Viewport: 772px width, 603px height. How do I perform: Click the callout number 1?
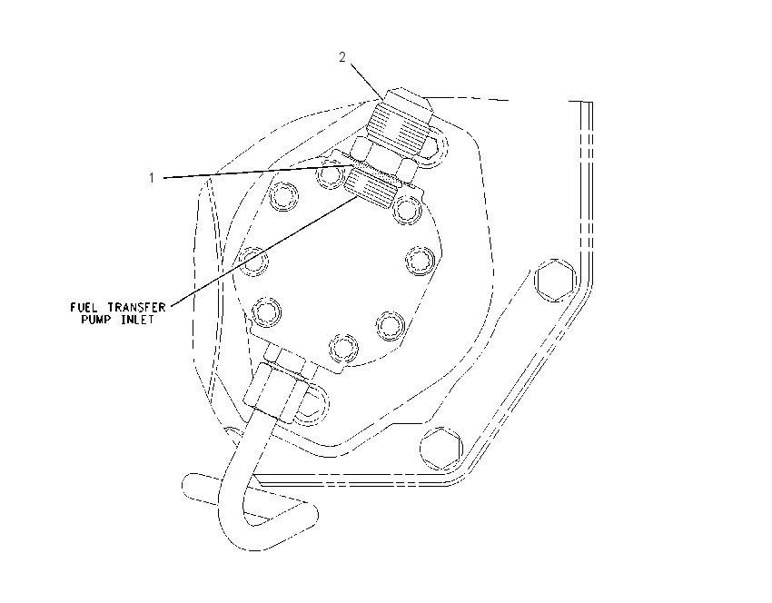point(152,178)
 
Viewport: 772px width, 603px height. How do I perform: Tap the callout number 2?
point(342,57)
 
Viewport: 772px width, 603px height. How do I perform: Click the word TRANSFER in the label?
point(136,308)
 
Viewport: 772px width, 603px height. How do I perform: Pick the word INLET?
point(138,320)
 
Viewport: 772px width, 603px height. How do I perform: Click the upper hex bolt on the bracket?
point(555,280)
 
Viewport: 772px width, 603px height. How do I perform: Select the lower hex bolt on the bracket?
point(441,448)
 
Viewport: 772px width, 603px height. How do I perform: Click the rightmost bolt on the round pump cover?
point(421,260)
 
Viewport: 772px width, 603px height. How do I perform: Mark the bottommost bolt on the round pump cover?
point(343,348)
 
